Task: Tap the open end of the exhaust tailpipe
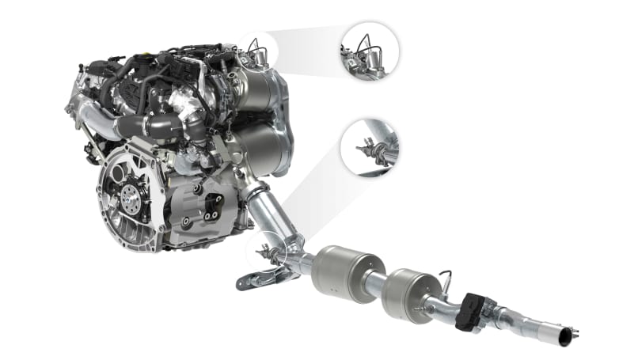coord(564,339)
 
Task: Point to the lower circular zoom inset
coord(369,147)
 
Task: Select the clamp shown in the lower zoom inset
coord(374,150)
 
